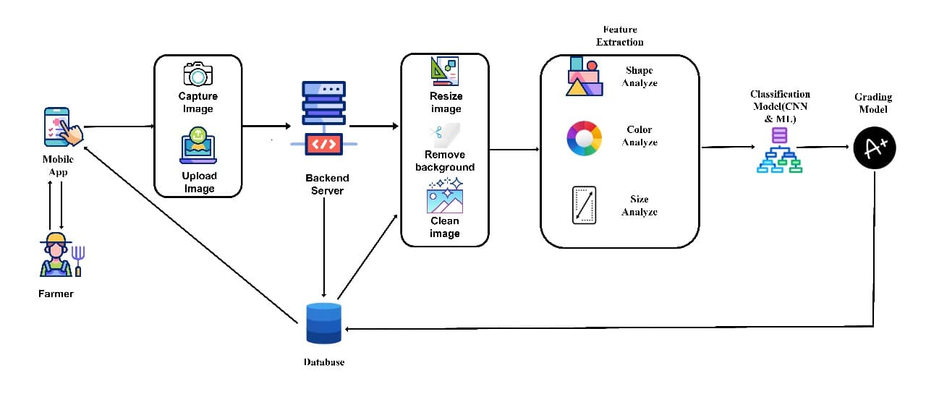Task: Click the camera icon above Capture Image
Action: [197, 75]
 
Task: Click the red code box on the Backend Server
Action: [323, 144]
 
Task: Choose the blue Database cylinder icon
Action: [323, 323]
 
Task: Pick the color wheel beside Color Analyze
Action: [584, 137]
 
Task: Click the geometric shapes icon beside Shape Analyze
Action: [583, 77]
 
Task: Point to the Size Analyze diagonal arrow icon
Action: [583, 206]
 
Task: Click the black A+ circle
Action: [874, 148]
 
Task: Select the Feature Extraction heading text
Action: [619, 35]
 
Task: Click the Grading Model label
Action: [873, 103]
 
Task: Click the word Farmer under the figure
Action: [56, 294]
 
